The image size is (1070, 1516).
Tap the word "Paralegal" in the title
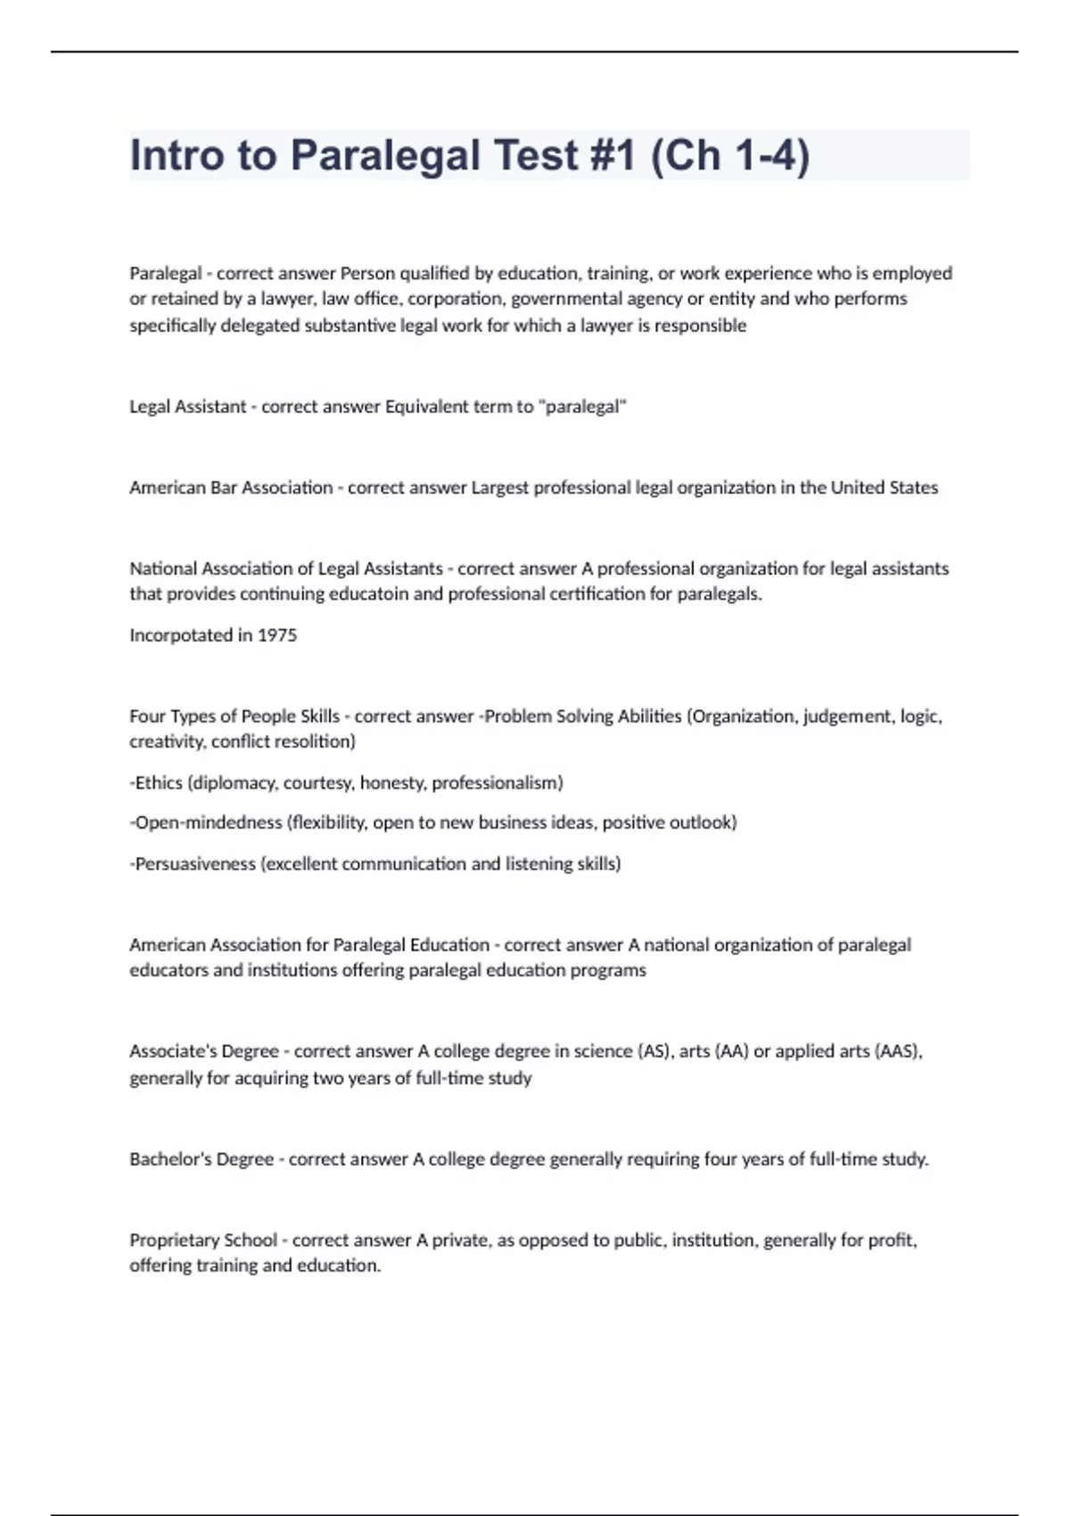tap(385, 155)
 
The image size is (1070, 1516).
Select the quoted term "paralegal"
tap(583, 407)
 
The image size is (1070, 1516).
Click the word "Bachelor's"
tap(169, 1159)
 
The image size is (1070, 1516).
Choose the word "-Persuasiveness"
tap(193, 863)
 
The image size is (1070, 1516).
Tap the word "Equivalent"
tap(423, 407)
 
